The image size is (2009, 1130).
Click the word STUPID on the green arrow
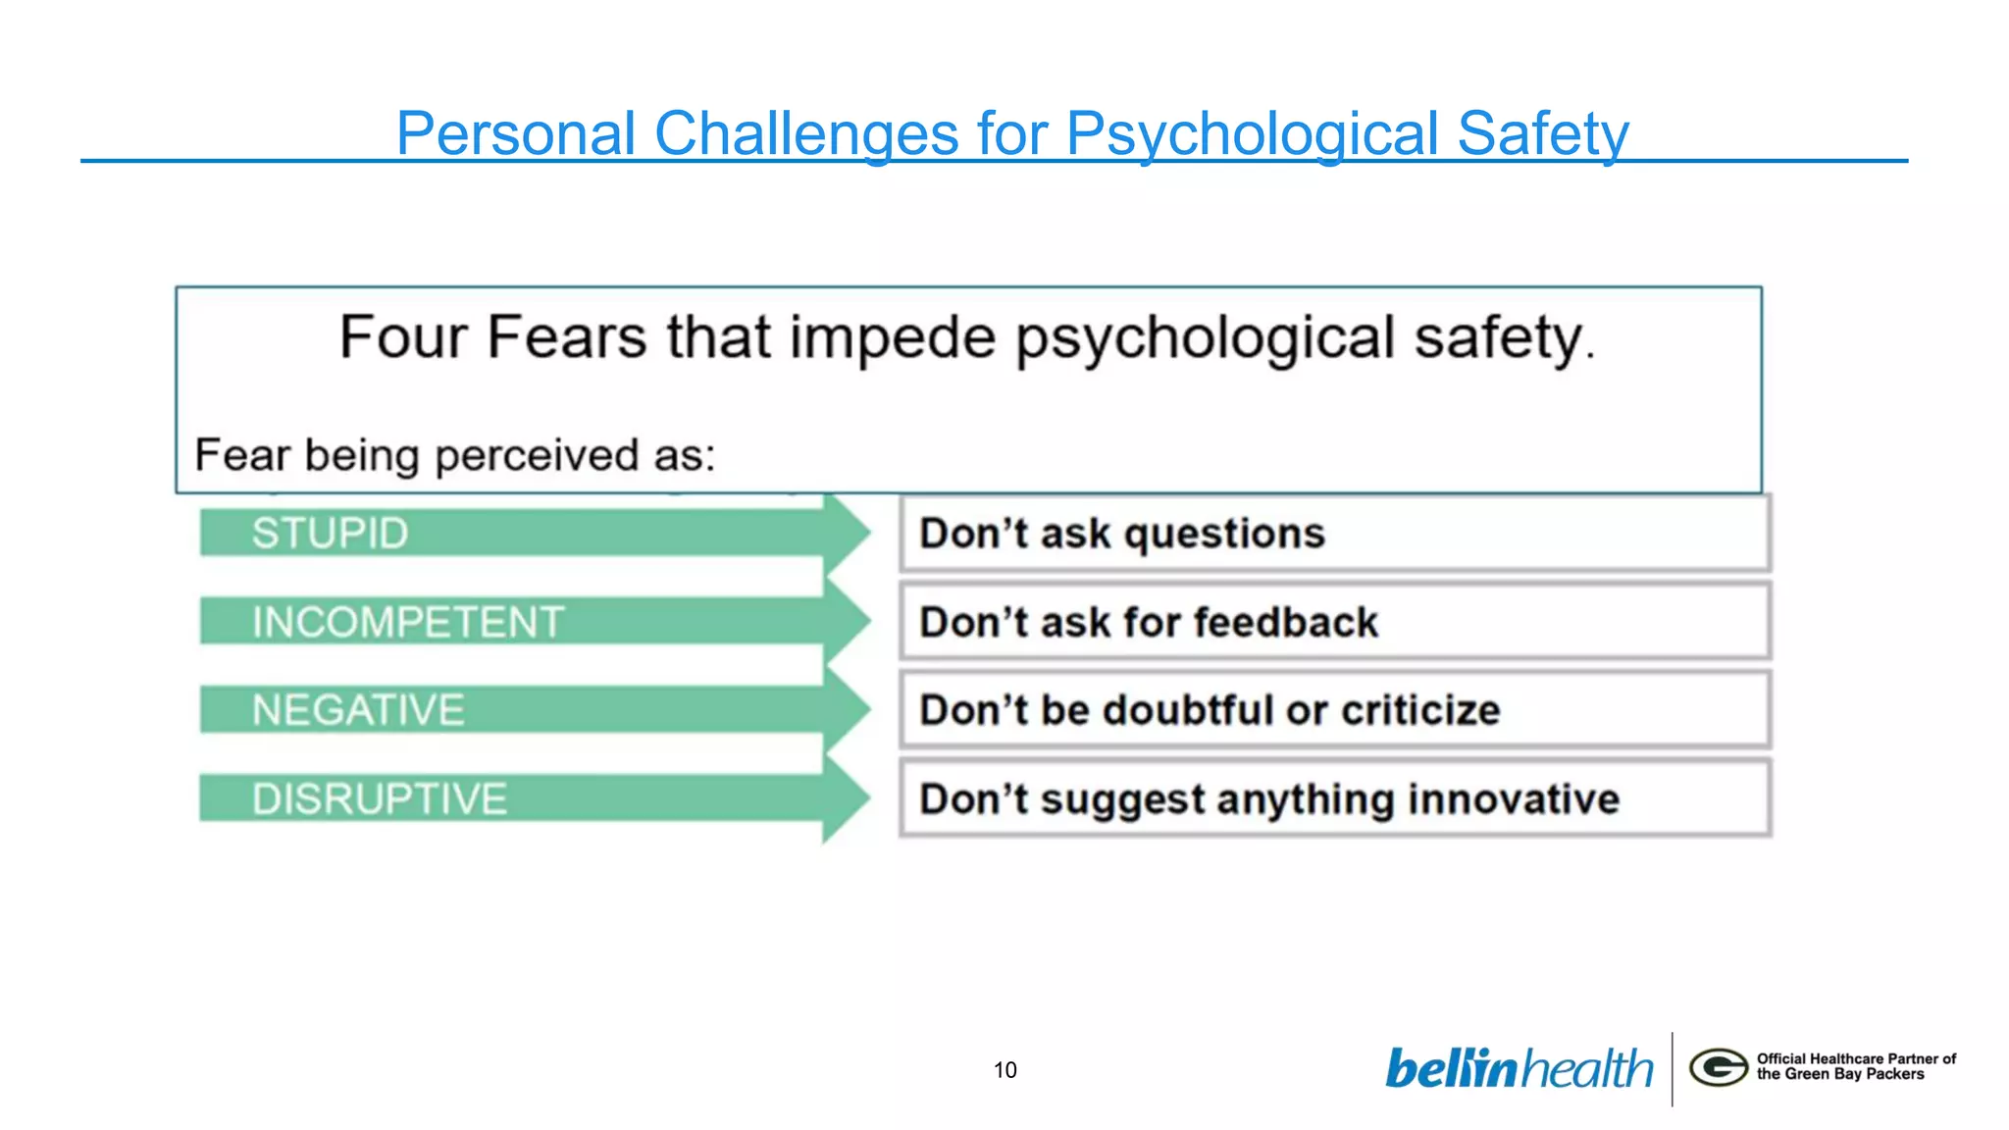(330, 534)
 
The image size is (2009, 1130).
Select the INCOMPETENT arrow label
(408, 622)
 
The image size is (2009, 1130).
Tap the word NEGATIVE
(358, 710)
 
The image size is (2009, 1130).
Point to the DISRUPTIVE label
(380, 798)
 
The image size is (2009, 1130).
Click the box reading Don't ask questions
(1334, 534)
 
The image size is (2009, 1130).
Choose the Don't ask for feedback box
(1334, 622)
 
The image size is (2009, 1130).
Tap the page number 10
(1004, 1070)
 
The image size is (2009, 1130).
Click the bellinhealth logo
(1519, 1068)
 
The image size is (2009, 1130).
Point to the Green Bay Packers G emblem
(1718, 1067)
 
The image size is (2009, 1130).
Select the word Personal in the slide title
(516, 133)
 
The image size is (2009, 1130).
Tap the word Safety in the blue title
(1542, 133)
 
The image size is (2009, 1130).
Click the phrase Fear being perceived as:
(455, 455)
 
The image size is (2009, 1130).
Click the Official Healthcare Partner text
(1855, 1058)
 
